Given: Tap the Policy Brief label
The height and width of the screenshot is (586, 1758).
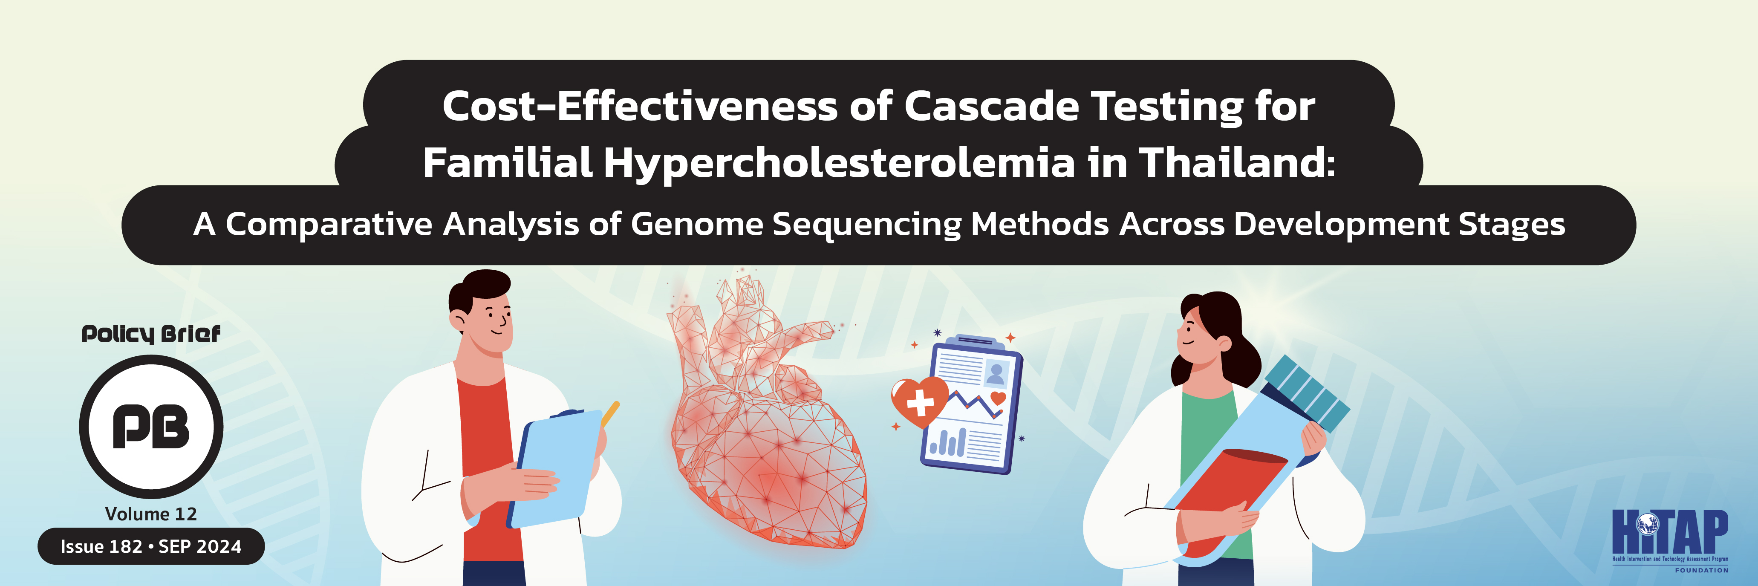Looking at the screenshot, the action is tap(151, 334).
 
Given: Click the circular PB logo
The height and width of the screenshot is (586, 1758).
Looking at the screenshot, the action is tap(151, 426).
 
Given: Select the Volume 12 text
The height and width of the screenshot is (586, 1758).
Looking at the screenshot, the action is tap(151, 514).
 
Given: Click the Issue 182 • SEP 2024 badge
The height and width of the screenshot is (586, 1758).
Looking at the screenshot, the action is tap(151, 546).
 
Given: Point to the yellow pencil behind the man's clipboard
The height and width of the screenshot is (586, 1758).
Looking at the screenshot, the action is tap(610, 413).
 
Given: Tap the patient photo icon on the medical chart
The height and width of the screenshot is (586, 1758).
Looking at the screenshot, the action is tap(996, 373).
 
